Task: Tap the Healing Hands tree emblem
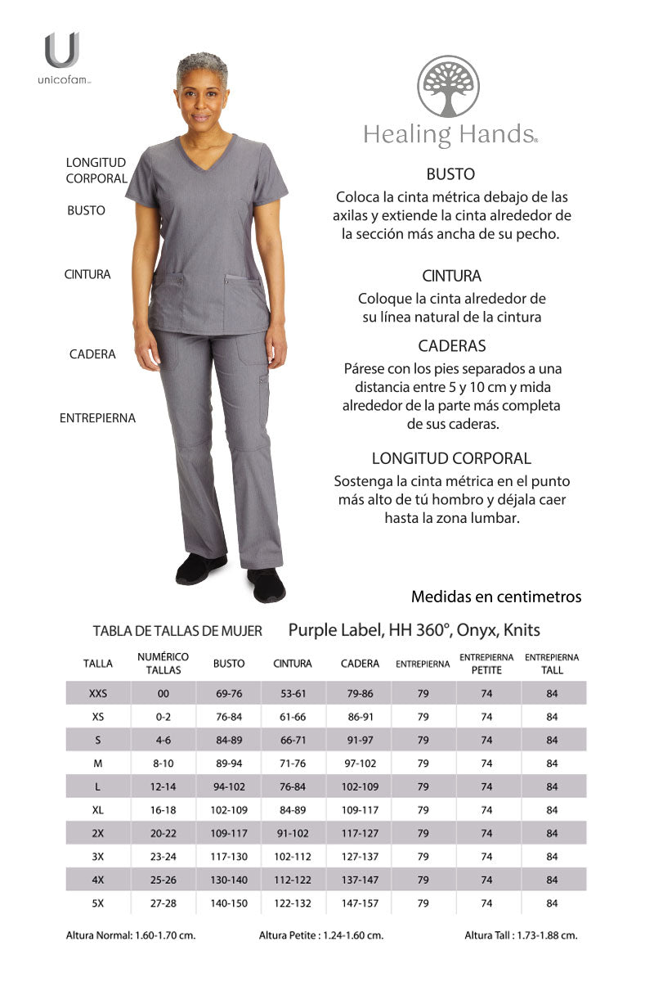(x=449, y=87)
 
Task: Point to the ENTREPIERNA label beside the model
(x=97, y=418)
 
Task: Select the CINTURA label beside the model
(x=87, y=275)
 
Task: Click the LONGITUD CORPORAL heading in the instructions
(x=451, y=458)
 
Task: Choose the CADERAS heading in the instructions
(x=451, y=346)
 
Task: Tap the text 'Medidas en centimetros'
(x=496, y=597)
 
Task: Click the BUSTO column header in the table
(x=229, y=664)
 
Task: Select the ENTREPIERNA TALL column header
(x=552, y=664)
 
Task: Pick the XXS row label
(x=98, y=693)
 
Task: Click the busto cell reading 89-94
(x=229, y=764)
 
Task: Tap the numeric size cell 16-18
(x=163, y=810)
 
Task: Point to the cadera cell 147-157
(x=360, y=903)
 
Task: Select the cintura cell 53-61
(x=293, y=693)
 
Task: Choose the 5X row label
(x=98, y=903)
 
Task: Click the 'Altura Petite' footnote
(x=321, y=935)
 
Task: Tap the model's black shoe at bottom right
(x=266, y=585)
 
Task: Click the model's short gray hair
(x=202, y=65)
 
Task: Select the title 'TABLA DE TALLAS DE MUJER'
(x=177, y=631)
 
